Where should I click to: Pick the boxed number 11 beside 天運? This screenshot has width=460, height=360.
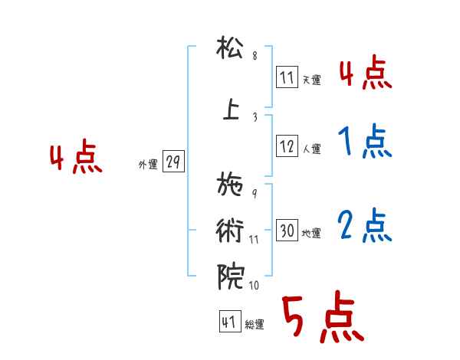click(287, 78)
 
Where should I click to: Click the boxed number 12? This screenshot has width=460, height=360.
click(287, 146)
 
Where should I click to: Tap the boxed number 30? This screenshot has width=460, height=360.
click(287, 231)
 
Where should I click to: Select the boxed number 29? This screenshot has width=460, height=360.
click(173, 162)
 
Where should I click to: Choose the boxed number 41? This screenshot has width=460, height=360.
click(229, 322)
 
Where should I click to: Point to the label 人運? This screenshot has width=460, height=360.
click(311, 148)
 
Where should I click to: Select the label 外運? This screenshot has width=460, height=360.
click(148, 165)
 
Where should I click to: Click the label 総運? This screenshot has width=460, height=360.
click(255, 325)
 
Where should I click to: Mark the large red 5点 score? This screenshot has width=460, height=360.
click(322, 319)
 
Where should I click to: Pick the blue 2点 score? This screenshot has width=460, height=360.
click(362, 226)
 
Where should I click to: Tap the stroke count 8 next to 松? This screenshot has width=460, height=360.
click(255, 57)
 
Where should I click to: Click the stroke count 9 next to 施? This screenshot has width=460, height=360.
click(255, 193)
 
